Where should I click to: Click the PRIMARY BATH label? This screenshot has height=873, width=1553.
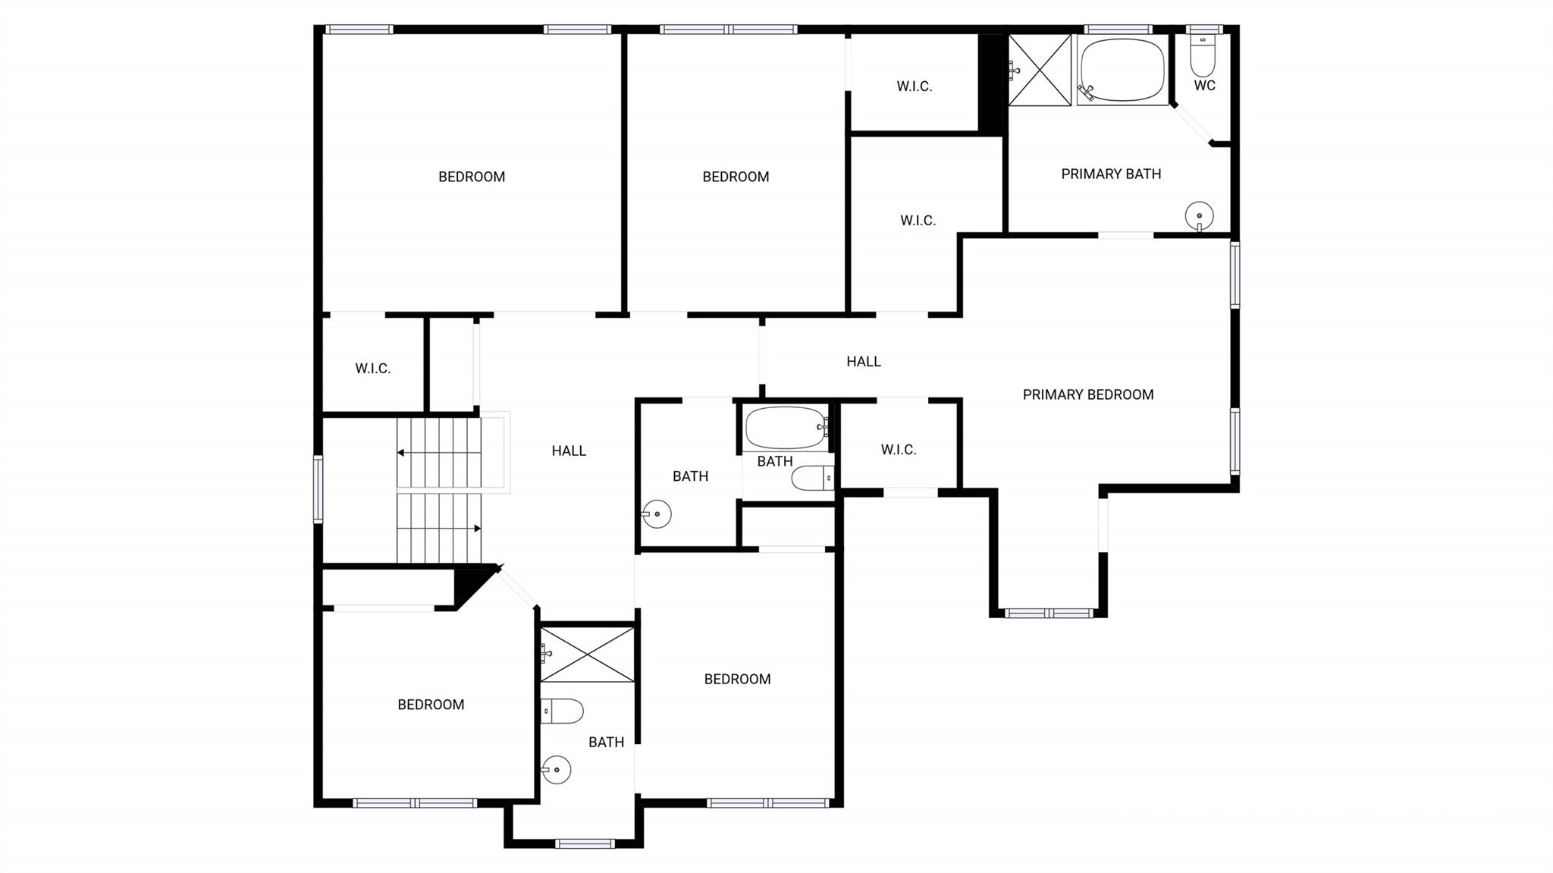pos(1111,174)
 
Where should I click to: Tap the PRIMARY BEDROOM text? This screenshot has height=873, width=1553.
pos(1088,394)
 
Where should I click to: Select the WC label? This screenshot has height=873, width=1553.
pos(1204,86)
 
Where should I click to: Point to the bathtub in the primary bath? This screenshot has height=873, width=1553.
pos(1122,70)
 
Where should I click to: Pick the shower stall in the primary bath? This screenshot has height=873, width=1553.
pos(1040,70)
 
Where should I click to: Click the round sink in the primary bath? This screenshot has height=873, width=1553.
pos(1199,215)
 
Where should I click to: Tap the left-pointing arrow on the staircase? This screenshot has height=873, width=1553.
pos(400,453)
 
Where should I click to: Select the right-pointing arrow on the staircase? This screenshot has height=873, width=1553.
pos(477,528)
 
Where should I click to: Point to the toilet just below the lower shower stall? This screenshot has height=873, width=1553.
pos(563,711)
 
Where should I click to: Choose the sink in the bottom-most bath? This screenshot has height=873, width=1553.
pos(557,770)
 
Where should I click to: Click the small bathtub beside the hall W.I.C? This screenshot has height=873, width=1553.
pos(786,428)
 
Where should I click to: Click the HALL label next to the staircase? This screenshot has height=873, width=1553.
pos(569,451)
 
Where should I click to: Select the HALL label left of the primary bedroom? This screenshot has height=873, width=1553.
pos(864,362)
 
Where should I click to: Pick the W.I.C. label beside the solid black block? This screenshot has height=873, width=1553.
pos(914,86)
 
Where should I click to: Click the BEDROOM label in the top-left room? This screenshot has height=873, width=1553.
pos(472,177)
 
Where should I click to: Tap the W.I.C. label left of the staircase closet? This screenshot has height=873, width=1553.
pos(373,369)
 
